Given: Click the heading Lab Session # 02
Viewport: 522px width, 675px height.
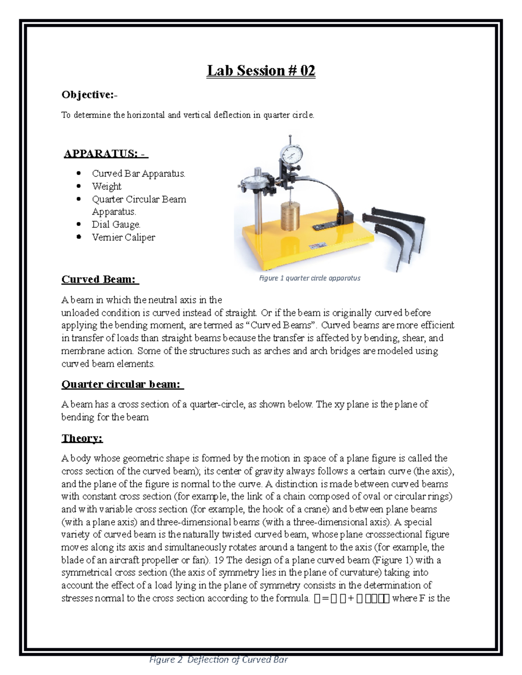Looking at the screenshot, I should point(261,70).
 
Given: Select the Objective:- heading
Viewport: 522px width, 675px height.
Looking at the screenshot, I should point(89,95).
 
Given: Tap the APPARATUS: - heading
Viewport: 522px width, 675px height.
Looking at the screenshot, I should point(106,153).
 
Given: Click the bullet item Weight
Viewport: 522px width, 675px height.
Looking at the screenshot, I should point(107,186).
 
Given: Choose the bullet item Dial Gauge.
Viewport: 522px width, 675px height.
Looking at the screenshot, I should point(116,225).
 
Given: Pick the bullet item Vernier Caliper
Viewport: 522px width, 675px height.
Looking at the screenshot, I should point(123,237).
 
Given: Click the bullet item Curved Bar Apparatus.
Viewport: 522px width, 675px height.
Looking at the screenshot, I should point(138,173).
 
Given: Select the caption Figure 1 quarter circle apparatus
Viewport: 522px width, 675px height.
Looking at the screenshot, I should point(310,278).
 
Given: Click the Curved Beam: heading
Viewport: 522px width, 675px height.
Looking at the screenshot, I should point(99,279).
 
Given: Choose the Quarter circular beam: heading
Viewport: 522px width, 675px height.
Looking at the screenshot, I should point(122,384).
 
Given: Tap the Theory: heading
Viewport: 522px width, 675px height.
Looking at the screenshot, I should point(82,438).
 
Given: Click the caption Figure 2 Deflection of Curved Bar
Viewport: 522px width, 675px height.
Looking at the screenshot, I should point(218,660).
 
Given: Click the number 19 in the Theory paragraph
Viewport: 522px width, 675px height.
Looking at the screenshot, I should point(219,560).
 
